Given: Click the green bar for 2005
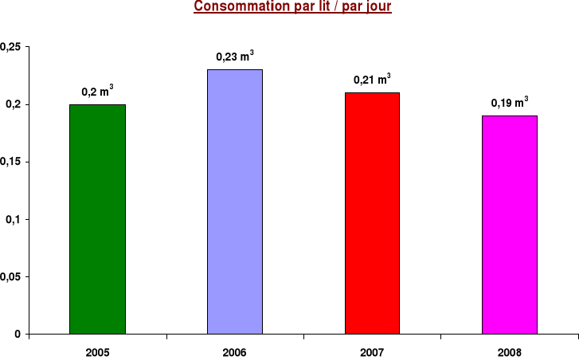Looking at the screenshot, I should [97, 219].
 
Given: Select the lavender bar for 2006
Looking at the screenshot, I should [235, 202].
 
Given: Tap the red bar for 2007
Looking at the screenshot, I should [372, 213].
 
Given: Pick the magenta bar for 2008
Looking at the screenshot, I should [510, 225].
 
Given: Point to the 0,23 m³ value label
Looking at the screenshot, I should [235, 57].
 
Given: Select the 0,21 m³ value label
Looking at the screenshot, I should [372, 80].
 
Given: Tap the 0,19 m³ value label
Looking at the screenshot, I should [510, 103].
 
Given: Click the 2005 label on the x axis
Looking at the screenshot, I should [97, 351].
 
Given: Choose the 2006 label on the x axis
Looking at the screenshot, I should [235, 351].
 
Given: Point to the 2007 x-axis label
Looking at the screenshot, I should [372, 351].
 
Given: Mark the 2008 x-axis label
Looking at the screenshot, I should [510, 351].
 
